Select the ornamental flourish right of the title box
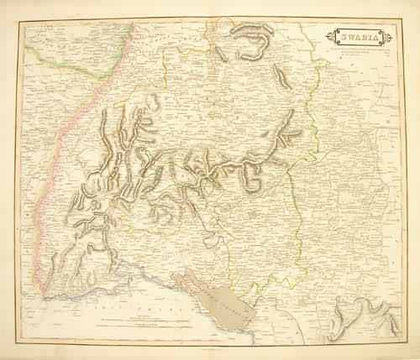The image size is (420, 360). pyautogui.click(x=383, y=37)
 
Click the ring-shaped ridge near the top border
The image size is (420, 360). pyautogui.click(x=252, y=41)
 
